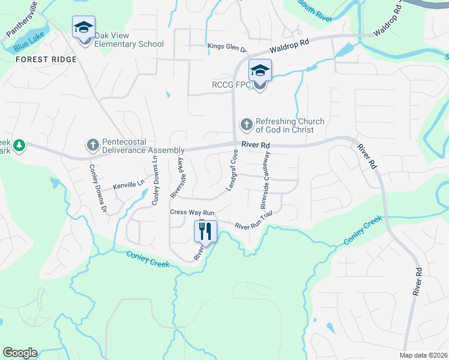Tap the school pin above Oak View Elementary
pyautogui.click(x=83, y=28)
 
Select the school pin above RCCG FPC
pyautogui.click(x=260, y=70)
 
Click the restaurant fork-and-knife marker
pyautogui.click(x=205, y=230)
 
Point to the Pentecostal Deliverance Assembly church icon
pyautogui.click(x=92, y=145)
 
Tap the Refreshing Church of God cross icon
pyautogui.click(x=246, y=125)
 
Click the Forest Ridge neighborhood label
pyautogui.click(x=46, y=59)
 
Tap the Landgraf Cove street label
pyautogui.click(x=232, y=171)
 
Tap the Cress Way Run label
pyautogui.click(x=192, y=212)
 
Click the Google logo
pyautogui.click(x=20, y=353)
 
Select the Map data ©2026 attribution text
pyautogui.click(x=424, y=355)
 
